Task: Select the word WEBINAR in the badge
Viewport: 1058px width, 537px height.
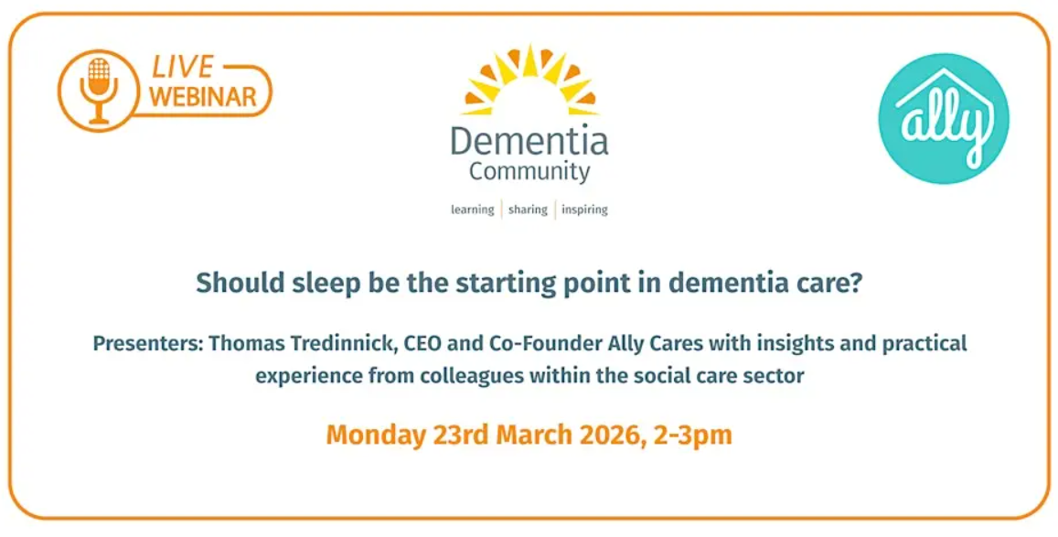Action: point(203,96)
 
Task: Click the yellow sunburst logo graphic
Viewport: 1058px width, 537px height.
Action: point(529,81)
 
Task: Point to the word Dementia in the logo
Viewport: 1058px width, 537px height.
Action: point(529,141)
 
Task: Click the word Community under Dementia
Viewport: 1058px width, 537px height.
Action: point(529,171)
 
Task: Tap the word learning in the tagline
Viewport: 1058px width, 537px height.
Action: point(472,209)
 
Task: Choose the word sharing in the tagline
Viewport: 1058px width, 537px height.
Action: point(528,209)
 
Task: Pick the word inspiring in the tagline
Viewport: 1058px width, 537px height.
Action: point(584,209)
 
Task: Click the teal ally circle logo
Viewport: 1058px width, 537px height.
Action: point(943,118)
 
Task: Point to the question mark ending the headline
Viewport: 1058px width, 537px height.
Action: point(856,284)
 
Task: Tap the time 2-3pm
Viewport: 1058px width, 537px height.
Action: point(693,434)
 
